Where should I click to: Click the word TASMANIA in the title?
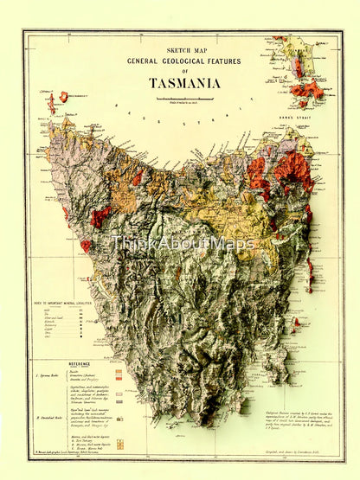click(x=183, y=83)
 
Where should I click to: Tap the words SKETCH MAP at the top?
click(x=183, y=51)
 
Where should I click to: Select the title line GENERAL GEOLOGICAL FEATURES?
click(x=183, y=61)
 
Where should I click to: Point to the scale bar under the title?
click(x=183, y=99)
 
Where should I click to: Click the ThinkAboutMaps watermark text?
click(x=182, y=244)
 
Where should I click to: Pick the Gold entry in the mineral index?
click(x=48, y=308)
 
